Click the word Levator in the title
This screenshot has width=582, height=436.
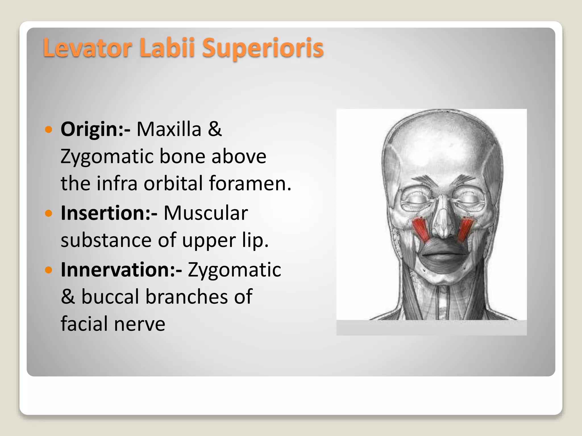[88, 48]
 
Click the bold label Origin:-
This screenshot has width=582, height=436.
[95, 129]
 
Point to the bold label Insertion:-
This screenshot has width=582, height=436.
[109, 213]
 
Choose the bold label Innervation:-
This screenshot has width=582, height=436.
[121, 269]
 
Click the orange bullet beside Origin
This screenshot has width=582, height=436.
[49, 130]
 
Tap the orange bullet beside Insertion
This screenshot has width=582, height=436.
[49, 213]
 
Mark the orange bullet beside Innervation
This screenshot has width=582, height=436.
[49, 270]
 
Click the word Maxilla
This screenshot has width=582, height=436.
[169, 129]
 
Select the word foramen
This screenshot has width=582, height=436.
[250, 183]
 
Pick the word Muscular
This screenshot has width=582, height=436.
[205, 213]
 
